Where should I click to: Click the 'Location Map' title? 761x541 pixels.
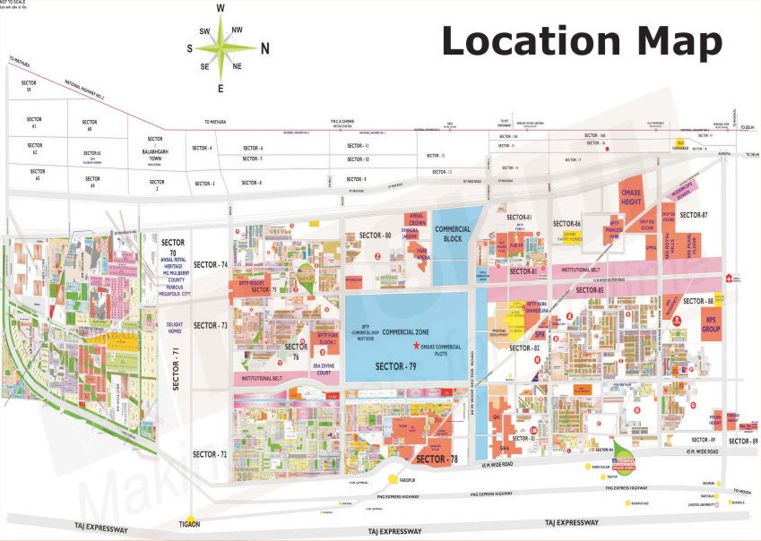(582, 40)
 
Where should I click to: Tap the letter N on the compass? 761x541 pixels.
(264, 48)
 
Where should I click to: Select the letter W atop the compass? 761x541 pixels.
(221, 9)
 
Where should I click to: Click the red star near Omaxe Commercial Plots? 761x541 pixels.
(414, 346)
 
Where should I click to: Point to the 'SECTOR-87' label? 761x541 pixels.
(693, 215)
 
